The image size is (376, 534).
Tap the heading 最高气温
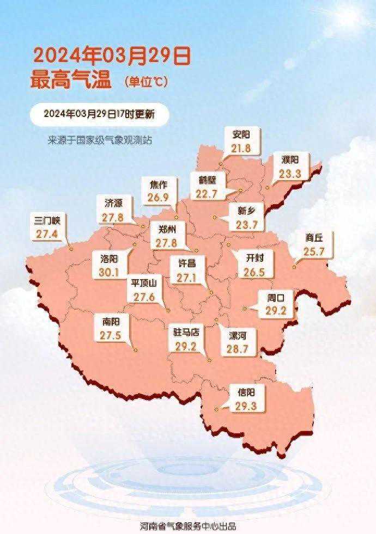[x=71, y=81]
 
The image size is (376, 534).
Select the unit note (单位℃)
[x=147, y=82]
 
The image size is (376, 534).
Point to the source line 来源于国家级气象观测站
[x=100, y=140]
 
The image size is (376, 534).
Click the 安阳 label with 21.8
[x=240, y=141]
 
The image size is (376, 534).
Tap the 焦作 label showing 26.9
[x=158, y=191]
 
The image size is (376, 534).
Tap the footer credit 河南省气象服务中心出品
[x=187, y=526]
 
